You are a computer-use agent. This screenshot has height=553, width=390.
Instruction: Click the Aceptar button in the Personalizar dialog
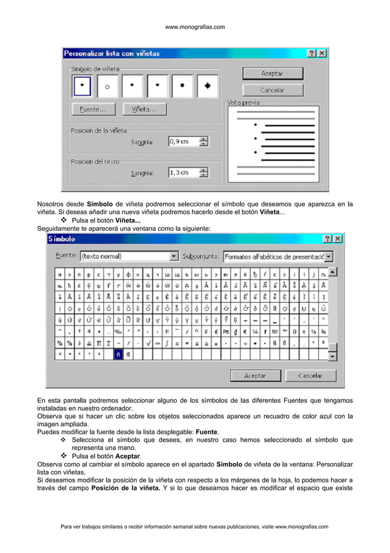pyautogui.click(x=273, y=73)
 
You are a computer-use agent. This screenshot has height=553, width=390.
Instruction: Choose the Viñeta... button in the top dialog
pyautogui.click(x=145, y=110)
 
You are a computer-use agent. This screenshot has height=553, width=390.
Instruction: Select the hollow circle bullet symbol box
pyautogui.click(x=107, y=86)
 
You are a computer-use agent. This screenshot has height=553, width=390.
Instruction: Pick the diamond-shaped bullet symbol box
pyautogui.click(x=208, y=86)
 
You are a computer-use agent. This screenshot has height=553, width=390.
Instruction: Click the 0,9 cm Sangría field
pyautogui.click(x=183, y=141)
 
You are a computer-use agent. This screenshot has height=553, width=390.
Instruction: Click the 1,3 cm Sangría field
pyautogui.click(x=183, y=173)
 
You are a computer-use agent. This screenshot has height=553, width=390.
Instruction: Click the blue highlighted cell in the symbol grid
pyautogui.click(x=119, y=355)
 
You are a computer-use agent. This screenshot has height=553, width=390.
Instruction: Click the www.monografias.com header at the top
pyautogui.click(x=195, y=27)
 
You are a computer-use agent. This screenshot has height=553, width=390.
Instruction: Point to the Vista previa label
pyautogui.click(x=243, y=103)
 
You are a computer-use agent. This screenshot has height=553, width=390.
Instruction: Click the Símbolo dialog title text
pyautogui.click(x=63, y=239)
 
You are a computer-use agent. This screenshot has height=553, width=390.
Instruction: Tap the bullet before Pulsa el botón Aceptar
pyautogui.click(x=63, y=456)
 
